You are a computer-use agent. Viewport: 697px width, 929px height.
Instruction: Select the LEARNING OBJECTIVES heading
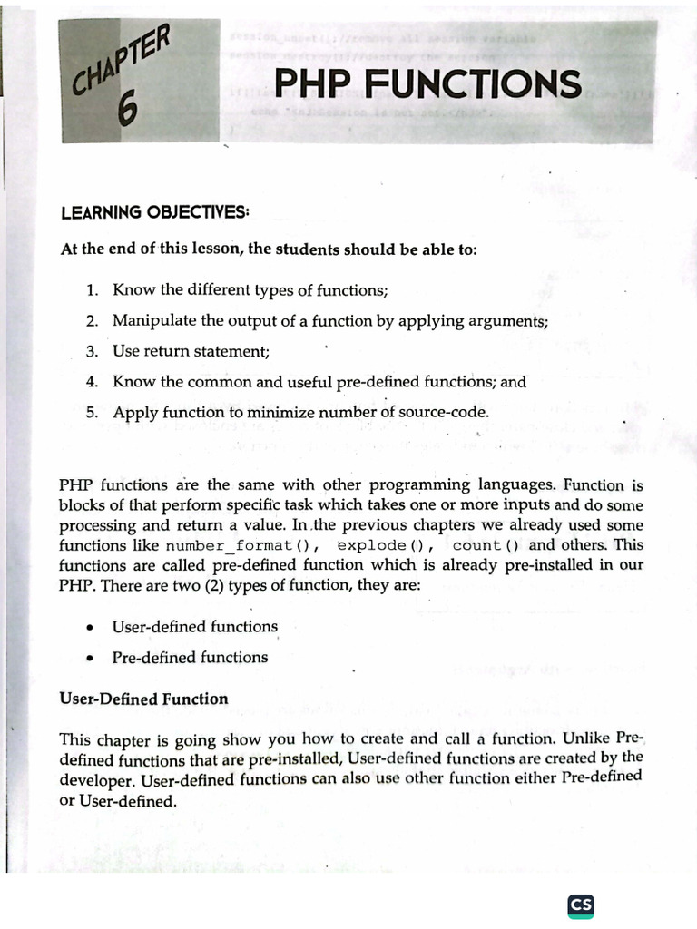[x=154, y=212]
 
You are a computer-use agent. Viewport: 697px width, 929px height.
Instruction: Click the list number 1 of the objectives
[x=92, y=290]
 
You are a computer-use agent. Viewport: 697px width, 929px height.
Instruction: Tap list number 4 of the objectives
[x=92, y=382]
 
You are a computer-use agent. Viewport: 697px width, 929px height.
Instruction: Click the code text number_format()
[x=241, y=545]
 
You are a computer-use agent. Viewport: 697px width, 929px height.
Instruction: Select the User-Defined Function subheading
[x=143, y=699]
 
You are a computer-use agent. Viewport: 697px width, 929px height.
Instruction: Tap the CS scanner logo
[x=581, y=905]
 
